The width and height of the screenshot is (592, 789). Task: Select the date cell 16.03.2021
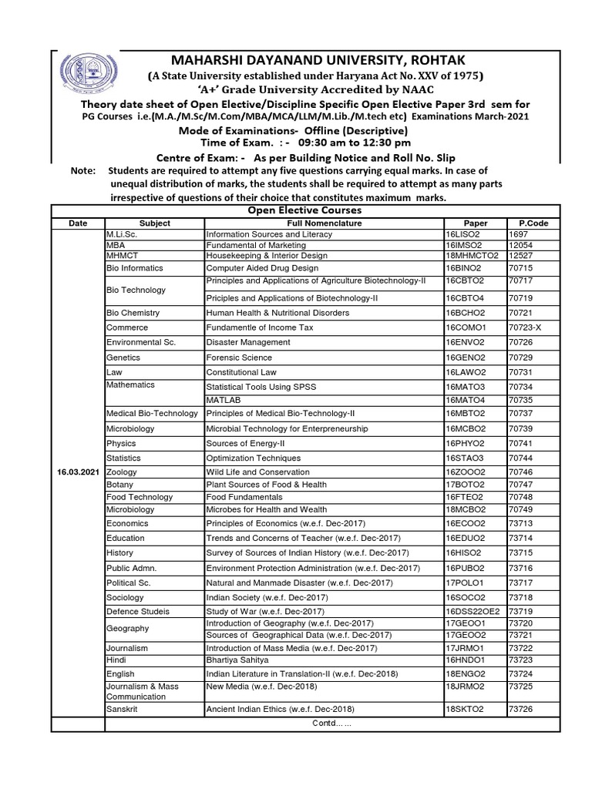coord(77,471)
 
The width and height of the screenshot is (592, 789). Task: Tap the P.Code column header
coord(533,223)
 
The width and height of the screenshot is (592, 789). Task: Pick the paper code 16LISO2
coord(463,233)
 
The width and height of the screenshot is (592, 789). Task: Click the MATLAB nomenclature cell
coord(224,401)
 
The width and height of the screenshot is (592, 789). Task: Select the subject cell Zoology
coord(121,471)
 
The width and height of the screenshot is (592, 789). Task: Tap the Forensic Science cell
coord(238,358)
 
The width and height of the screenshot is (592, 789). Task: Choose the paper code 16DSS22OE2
coord(472,610)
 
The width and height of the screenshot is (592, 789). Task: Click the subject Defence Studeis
coord(137,610)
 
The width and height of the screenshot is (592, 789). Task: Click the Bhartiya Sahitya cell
coord(237,660)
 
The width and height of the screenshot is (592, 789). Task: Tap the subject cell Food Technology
coord(140,497)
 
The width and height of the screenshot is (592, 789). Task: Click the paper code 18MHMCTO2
coord(472,255)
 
